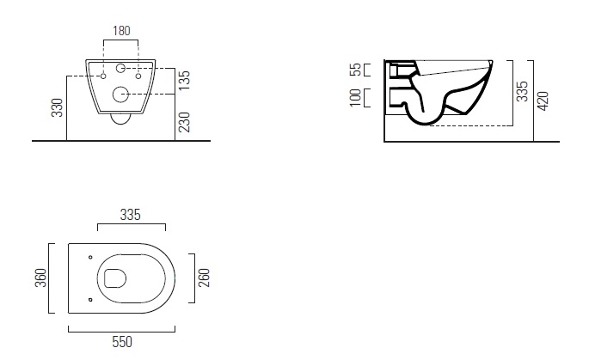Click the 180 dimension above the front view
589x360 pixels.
[x=120, y=31]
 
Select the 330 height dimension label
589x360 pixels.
[x=58, y=107]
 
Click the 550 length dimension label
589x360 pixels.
[x=122, y=342]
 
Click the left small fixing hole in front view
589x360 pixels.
[x=103, y=76]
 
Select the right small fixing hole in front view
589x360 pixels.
[x=138, y=76]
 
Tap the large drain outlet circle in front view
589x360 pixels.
[x=120, y=94]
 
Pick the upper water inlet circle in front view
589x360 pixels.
[x=120, y=68]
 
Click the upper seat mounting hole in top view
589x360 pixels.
[x=90, y=256]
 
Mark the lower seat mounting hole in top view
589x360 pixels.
[x=90, y=298]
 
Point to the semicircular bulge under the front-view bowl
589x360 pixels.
[x=120, y=119]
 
